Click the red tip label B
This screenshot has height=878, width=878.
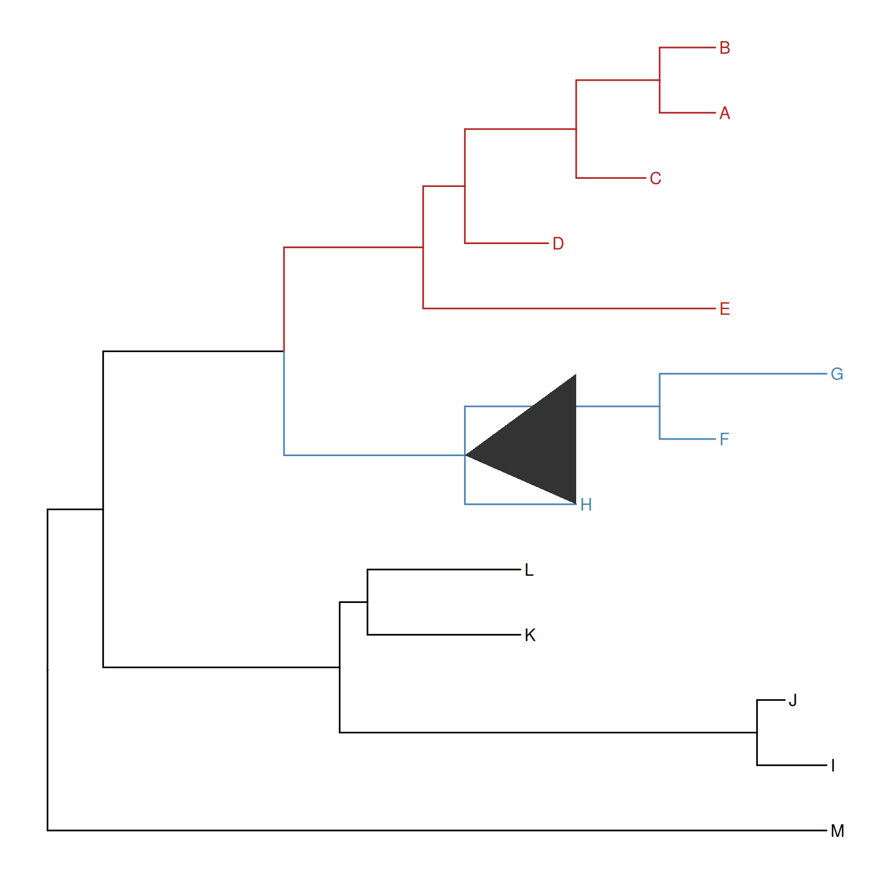pyautogui.click(x=724, y=48)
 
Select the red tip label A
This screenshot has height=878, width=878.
pyautogui.click(x=724, y=113)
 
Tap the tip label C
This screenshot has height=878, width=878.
pyautogui.click(x=655, y=178)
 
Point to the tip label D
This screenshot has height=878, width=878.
pyautogui.click(x=558, y=244)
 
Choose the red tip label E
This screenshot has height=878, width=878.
pyautogui.click(x=724, y=309)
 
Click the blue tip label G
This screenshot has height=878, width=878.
pyautogui.click(x=836, y=374)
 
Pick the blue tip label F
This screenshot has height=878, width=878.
pyautogui.click(x=724, y=439)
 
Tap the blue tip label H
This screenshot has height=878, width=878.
pyautogui.click(x=586, y=505)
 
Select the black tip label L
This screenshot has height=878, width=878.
pyautogui.click(x=529, y=570)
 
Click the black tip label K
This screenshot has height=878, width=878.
pyautogui.click(x=530, y=635)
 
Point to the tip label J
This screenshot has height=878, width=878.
pyautogui.click(x=792, y=700)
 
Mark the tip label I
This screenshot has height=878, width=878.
pyautogui.click(x=833, y=765)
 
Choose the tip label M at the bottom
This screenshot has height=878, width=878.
pyautogui.click(x=837, y=831)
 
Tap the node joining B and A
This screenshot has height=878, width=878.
pyautogui.click(x=660, y=80)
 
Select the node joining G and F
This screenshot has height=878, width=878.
pyautogui.click(x=660, y=406)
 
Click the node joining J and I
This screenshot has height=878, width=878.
pyautogui.click(x=757, y=732)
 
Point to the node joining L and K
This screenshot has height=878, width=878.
pyautogui.click(x=368, y=602)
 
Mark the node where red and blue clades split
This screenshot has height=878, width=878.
pyautogui.click(x=284, y=351)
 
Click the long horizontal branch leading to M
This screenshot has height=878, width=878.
pyautogui.click(x=434, y=830)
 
